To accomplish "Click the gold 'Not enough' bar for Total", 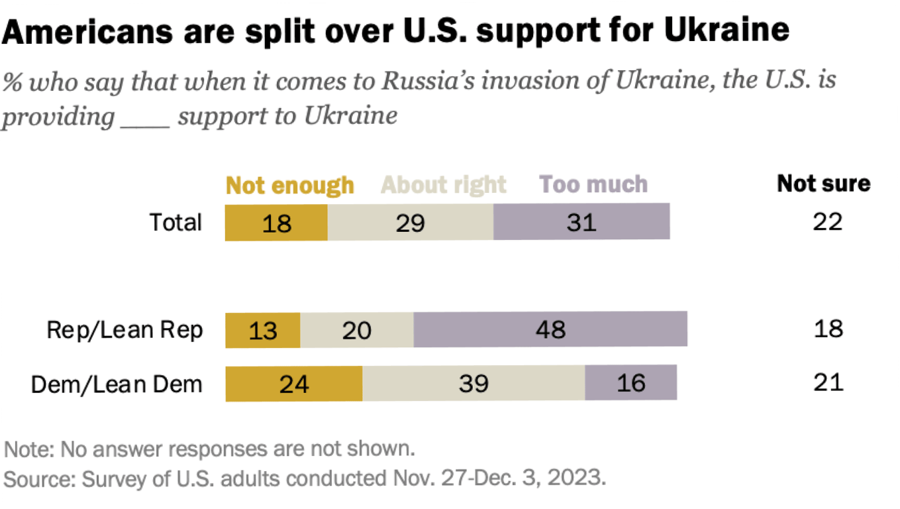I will (x=276, y=222).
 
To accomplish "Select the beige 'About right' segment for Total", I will (x=410, y=222).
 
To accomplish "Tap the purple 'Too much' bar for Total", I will (x=581, y=222).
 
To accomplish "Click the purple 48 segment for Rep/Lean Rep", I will (x=550, y=329).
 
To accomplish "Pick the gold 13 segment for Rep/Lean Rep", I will (x=263, y=329).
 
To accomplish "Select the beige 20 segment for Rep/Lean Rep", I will (x=357, y=329).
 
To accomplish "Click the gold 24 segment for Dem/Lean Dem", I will (x=294, y=383).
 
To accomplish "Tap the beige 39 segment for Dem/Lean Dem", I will (x=474, y=383).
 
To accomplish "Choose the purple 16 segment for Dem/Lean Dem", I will (x=630, y=383).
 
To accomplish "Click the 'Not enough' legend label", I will (x=290, y=185).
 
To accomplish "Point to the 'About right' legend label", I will (x=444, y=185).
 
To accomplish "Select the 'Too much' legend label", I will (x=593, y=184).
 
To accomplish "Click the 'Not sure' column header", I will (x=824, y=184).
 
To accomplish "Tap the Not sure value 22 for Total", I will (x=828, y=222).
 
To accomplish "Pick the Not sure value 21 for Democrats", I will (x=828, y=382).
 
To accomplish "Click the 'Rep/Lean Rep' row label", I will (x=125, y=330).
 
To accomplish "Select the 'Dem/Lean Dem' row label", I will (x=117, y=384).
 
